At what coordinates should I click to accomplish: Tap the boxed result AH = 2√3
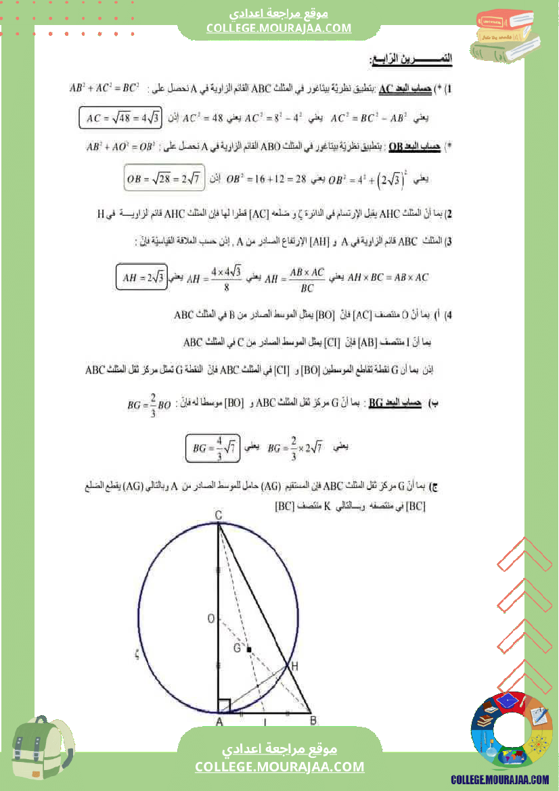[141, 276]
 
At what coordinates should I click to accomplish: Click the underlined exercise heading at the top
[411, 60]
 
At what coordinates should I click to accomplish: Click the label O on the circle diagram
[210, 618]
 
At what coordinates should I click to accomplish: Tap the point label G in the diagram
[237, 648]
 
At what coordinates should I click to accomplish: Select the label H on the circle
[294, 667]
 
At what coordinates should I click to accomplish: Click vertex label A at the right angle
[219, 722]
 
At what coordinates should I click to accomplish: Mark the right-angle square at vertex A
[225, 706]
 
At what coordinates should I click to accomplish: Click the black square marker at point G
[249, 650]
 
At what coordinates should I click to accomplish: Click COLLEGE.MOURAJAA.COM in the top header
[279, 28]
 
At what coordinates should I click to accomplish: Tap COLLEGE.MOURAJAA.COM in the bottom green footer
[279, 767]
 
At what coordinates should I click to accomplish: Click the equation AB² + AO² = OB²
[113, 145]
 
